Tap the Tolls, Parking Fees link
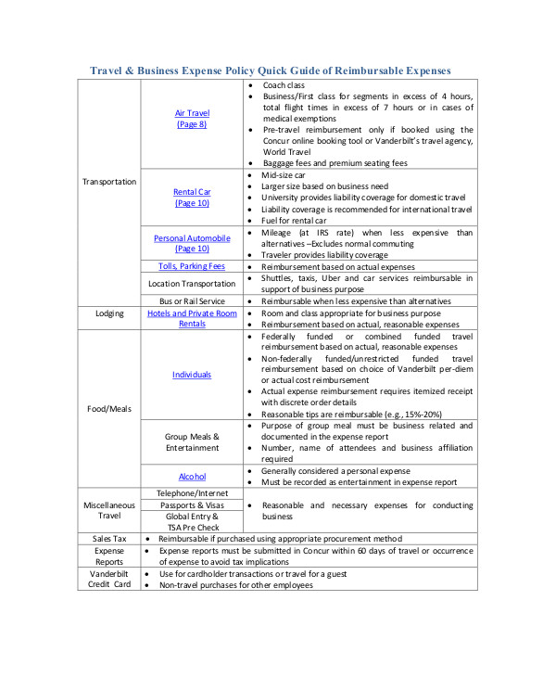pos(192,266)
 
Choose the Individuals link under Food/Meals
pos(192,375)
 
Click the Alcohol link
pos(192,476)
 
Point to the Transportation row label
pos(109,182)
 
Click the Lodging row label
pos(109,313)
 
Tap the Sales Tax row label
pos(109,538)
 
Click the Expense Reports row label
pos(109,556)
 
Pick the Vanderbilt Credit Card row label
pos(109,580)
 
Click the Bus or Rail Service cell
pos(192,301)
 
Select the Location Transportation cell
pos(192,283)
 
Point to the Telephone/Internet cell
pos(192,492)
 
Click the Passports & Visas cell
pos(192,505)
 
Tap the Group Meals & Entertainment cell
pos(192,441)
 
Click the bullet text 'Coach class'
pos(284,85)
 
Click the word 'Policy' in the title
pos(246,70)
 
